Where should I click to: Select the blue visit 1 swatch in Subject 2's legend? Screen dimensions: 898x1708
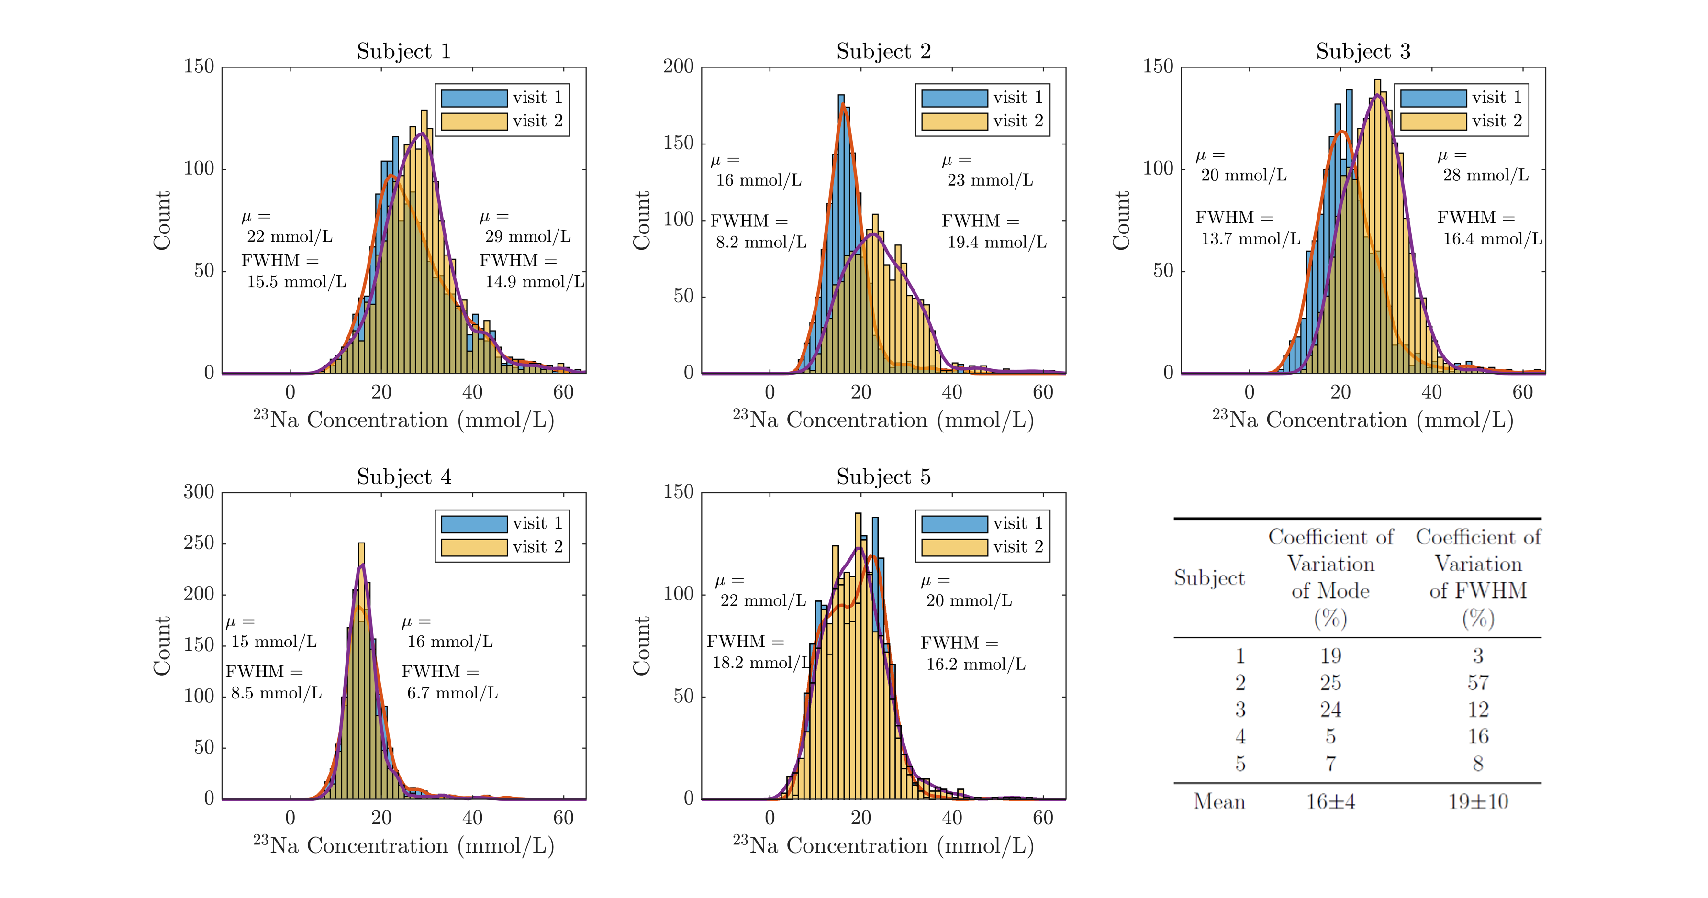pyautogui.click(x=954, y=98)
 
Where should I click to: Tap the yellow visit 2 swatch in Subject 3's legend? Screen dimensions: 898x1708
pyautogui.click(x=1433, y=121)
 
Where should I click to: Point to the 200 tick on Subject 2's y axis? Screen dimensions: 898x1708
pyautogui.click(x=678, y=67)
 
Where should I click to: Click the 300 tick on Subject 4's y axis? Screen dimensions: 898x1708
pyautogui.click(x=198, y=492)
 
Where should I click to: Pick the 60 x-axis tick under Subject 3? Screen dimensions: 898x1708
pyautogui.click(x=1522, y=392)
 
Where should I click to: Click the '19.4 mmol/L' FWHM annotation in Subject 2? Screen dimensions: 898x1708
pyautogui.click(x=996, y=243)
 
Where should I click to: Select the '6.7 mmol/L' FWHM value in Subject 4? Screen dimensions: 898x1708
pyautogui.click(x=452, y=693)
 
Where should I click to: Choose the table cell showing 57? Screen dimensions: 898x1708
pyautogui.click(x=1478, y=683)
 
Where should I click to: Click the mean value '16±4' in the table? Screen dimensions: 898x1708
pyautogui.click(x=1330, y=802)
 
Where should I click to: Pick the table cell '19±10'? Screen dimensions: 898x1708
pyautogui.click(x=1478, y=802)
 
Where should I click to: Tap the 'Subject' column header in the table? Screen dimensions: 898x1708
pyautogui.click(x=1209, y=578)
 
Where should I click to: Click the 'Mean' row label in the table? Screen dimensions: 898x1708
pyautogui.click(x=1219, y=802)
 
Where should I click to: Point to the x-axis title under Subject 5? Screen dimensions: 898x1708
pyautogui.click(x=883, y=846)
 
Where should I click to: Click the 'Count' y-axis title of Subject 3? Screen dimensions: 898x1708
pyautogui.click(x=1120, y=220)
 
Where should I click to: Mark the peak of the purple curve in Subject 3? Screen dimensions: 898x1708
pyautogui.click(x=1378, y=95)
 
